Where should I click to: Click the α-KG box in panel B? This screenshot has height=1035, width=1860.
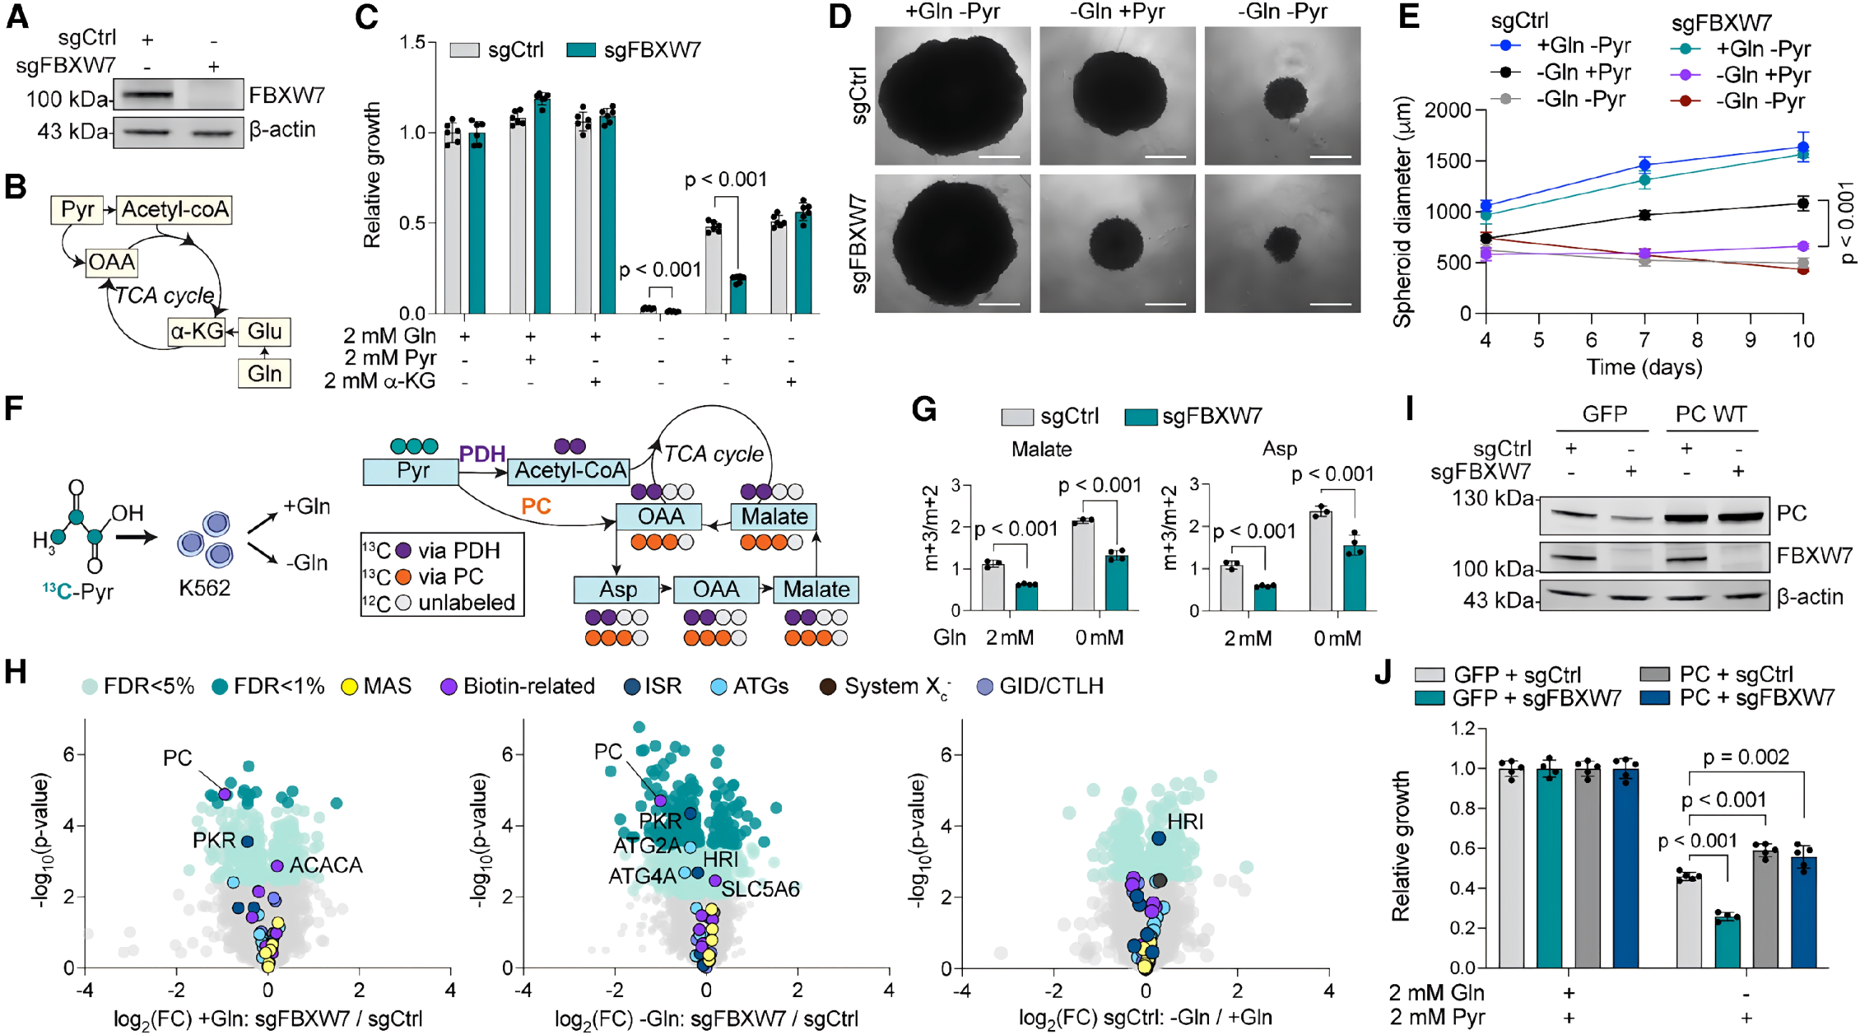point(196,331)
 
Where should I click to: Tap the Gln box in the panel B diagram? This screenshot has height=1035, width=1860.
point(264,374)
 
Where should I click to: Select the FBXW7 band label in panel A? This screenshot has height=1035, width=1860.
point(287,95)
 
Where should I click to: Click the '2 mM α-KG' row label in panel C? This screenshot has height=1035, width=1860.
point(379,381)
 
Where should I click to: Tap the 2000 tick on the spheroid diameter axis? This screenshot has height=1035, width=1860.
point(1452,110)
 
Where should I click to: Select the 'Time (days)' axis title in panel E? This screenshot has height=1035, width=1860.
point(1644,367)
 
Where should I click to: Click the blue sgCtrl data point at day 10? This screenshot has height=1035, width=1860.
point(1803,147)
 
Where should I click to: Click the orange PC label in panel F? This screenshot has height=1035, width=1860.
point(537,505)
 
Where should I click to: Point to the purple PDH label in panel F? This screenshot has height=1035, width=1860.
point(482,454)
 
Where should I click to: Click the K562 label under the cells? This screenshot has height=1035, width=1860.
point(205,588)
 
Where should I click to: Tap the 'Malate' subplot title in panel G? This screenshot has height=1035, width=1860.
point(1041,450)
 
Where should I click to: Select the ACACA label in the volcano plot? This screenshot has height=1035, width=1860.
point(325,865)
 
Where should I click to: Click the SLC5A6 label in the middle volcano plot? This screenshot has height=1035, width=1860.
point(760,889)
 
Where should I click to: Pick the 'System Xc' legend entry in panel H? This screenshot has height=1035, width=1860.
point(886,687)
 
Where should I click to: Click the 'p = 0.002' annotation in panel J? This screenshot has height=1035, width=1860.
point(1746,757)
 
